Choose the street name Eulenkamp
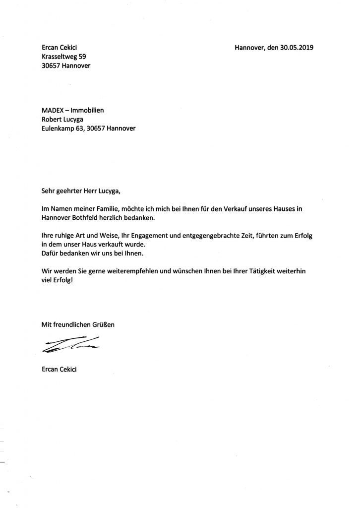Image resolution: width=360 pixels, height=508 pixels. (x=59, y=128)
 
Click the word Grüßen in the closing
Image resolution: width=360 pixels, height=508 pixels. (x=103, y=325)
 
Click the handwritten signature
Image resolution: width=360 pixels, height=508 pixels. (x=69, y=344)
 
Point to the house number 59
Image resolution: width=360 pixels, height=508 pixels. (x=86, y=57)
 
